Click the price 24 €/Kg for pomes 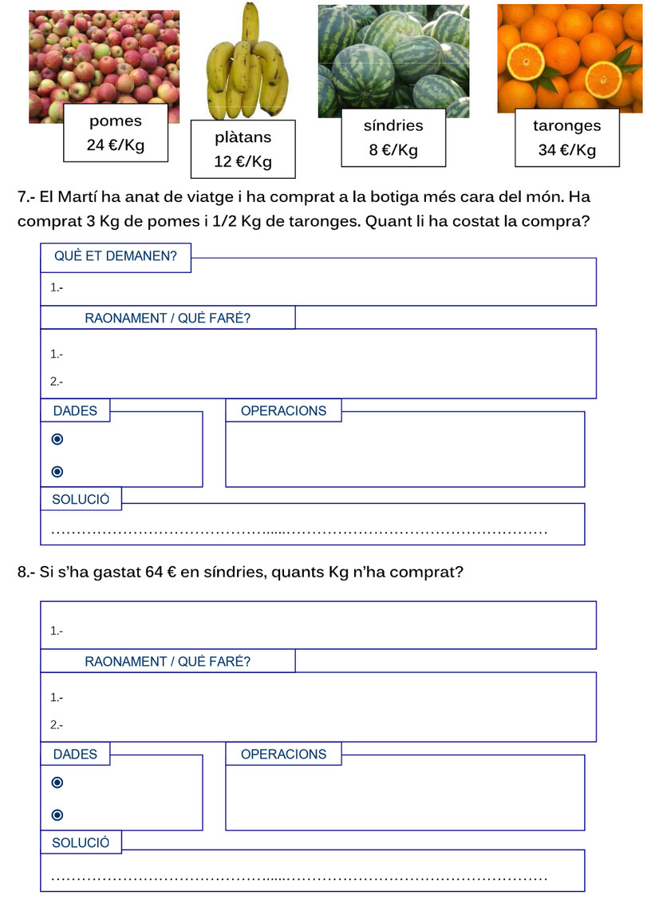coord(116,146)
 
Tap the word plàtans coord(243,137)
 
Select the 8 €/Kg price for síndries coord(393,151)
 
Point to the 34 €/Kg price coord(566,150)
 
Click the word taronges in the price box coord(566,125)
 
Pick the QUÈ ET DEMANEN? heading coord(116,257)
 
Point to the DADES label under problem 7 coord(75,411)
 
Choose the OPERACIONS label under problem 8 coord(283,755)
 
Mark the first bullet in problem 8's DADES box coord(57,783)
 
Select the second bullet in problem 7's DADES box coord(57,471)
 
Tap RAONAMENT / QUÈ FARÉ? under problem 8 coord(168,662)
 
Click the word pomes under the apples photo coord(116,121)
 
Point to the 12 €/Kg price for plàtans coord(243,162)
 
